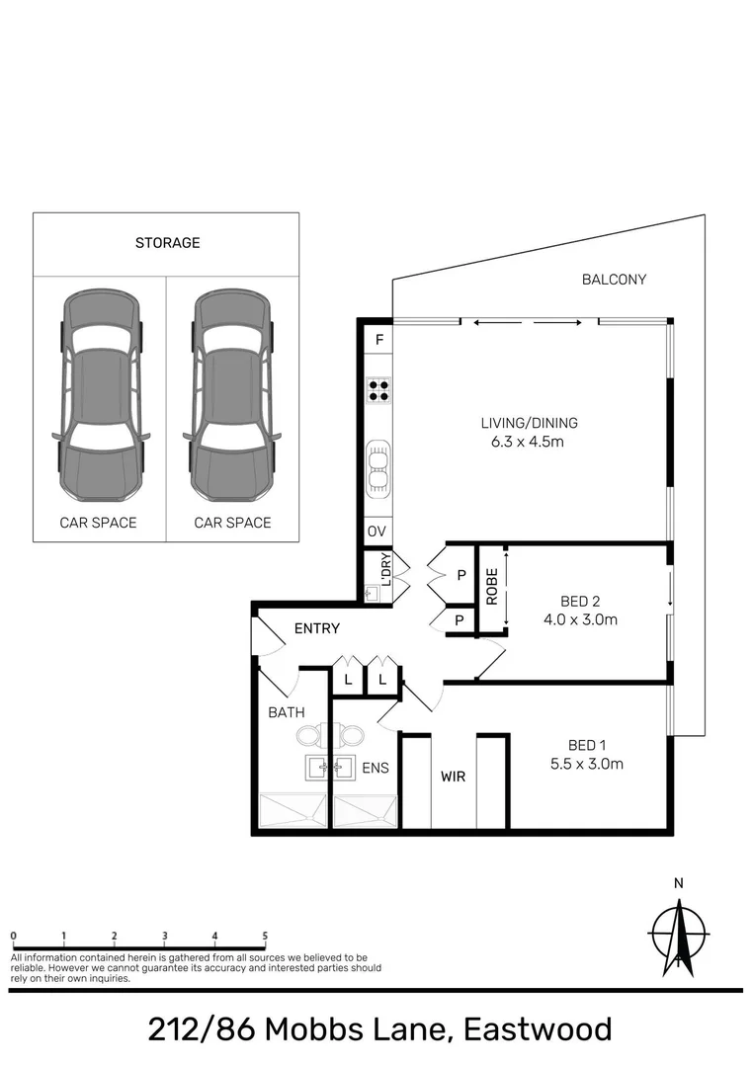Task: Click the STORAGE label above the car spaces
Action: tap(167, 242)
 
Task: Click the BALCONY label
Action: tap(613, 280)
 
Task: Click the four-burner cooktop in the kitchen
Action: tap(377, 389)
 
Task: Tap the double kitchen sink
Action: tap(377, 467)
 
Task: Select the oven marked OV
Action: tap(376, 532)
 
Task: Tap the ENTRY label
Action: tap(317, 628)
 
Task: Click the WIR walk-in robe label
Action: tap(453, 777)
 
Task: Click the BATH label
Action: tap(287, 711)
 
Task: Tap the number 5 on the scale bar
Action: tap(265, 935)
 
